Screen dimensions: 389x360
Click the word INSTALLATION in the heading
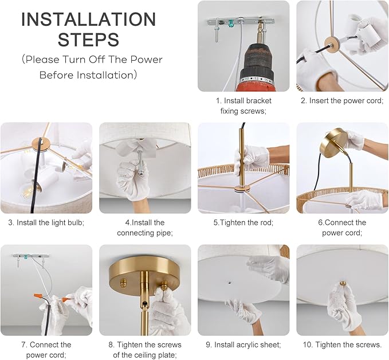pyautogui.click(x=89, y=19)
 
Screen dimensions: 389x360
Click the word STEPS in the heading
pyautogui.click(x=89, y=39)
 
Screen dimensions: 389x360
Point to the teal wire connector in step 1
pyautogui.click(x=231, y=24)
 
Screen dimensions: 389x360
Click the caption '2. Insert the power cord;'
pyautogui.click(x=342, y=100)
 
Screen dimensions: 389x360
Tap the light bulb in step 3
pyautogui.click(x=29, y=190)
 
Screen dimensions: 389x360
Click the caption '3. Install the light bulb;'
pyautogui.click(x=46, y=222)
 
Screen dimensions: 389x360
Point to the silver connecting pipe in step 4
pyautogui.click(x=140, y=162)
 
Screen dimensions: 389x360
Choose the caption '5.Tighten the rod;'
pyautogui.click(x=243, y=222)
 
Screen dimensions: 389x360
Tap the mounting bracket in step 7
pyautogui.click(x=31, y=256)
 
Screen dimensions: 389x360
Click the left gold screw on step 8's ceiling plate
pyautogui.click(x=123, y=283)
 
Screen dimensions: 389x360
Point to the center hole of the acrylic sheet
pyautogui.click(x=230, y=282)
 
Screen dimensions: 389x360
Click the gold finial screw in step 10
pyautogui.click(x=343, y=283)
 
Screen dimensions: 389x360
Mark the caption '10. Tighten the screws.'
pyautogui.click(x=342, y=345)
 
